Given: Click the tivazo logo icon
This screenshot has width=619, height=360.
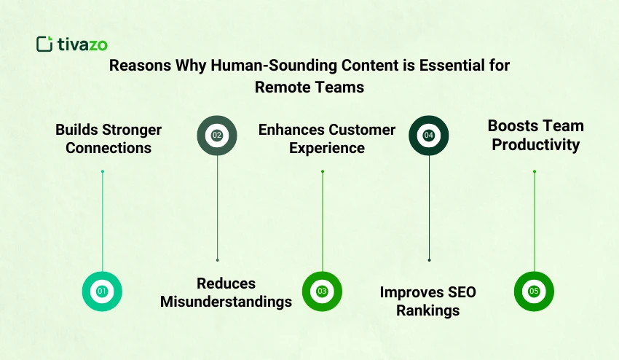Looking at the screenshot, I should click(44, 44).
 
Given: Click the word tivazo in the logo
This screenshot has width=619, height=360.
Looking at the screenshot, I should click(82, 44).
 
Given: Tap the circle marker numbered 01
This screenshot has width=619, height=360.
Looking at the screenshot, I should click(102, 291).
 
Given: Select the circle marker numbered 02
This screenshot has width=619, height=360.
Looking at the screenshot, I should click(217, 135).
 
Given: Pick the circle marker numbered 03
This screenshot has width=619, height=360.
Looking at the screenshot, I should click(322, 291).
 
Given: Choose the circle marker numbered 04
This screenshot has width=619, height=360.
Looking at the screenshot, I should click(429, 135).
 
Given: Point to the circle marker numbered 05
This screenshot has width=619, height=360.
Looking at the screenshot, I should click(534, 291).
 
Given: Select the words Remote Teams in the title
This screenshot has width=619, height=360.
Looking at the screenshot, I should click(309, 87).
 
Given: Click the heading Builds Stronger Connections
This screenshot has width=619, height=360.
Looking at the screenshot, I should click(109, 138).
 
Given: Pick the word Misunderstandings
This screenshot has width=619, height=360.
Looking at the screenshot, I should click(226, 302).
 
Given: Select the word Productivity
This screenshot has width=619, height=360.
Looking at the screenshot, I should click(535, 144).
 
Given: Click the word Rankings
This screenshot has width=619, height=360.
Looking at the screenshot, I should click(427, 310).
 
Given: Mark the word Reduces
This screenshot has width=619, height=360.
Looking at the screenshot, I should click(226, 283).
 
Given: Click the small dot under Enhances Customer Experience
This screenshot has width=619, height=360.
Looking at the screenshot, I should click(323, 172).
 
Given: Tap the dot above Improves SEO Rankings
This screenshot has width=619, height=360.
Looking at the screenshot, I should click(429, 259).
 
